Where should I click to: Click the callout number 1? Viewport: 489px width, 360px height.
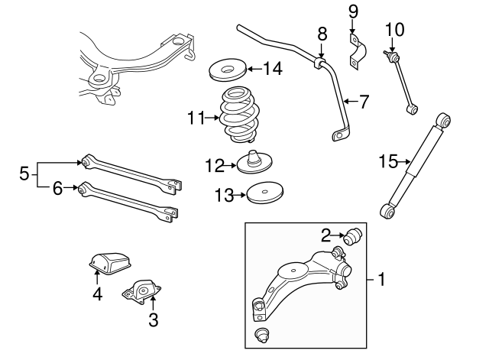coord(383,280)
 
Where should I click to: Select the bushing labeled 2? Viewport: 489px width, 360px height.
coord(354,237)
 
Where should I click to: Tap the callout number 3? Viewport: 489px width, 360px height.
coord(153,320)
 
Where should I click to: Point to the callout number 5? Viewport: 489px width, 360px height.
coord(24,174)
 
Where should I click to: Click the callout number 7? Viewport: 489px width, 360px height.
coord(364,99)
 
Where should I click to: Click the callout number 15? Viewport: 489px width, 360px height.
coord(388,161)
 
